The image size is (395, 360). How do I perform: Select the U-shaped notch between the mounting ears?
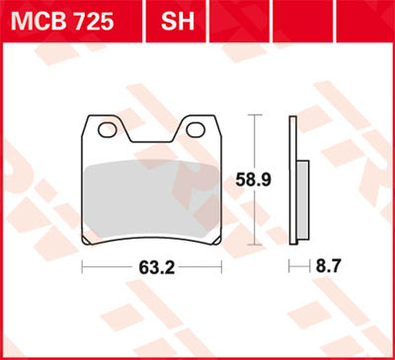151,133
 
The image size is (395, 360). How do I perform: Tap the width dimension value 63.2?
152,266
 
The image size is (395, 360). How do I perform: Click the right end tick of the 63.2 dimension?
220,266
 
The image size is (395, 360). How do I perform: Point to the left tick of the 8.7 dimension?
289,266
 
